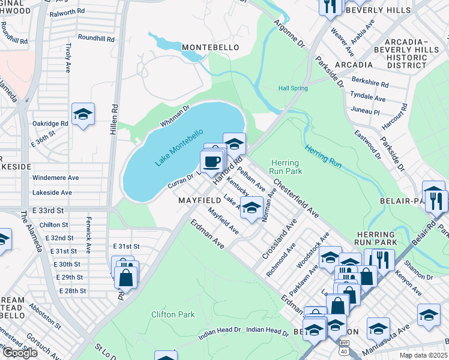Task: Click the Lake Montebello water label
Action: click(179, 147)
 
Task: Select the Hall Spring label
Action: click(293, 88)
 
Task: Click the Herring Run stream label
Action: click(324, 153)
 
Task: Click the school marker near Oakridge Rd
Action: click(83, 114)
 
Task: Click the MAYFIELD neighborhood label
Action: click(199, 199)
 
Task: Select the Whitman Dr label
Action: click(175, 116)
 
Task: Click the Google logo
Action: click(20, 353)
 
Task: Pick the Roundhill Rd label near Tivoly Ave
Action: click(95, 37)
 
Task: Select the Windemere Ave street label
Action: click(56, 178)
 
